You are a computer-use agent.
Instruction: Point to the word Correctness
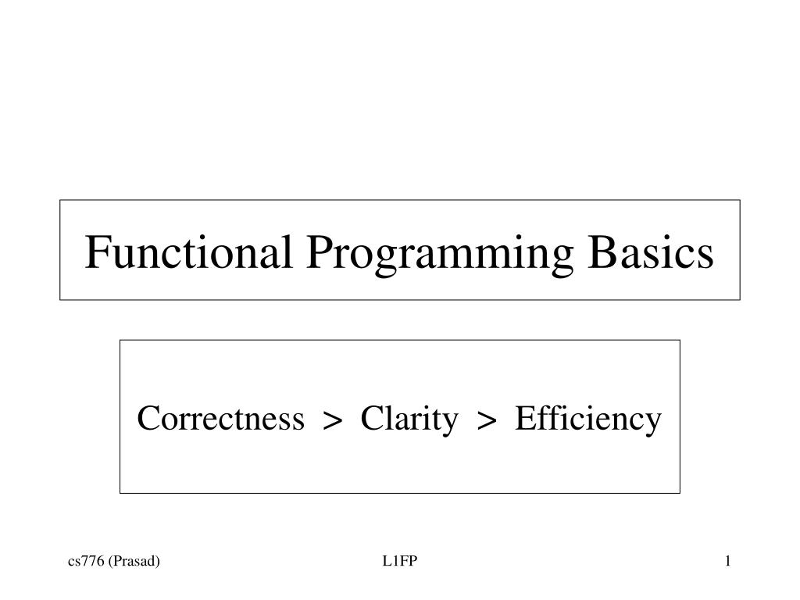coord(220,419)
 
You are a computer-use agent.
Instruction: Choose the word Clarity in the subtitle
coord(409,420)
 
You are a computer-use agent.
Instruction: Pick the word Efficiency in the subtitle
coord(587,420)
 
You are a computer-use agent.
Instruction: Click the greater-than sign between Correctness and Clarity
coord(333,421)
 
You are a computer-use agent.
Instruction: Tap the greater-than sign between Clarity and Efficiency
coord(487,421)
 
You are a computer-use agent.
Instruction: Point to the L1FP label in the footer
coord(400,561)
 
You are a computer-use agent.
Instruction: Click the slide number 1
coord(727,561)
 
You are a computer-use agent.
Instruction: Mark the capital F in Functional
coord(96,252)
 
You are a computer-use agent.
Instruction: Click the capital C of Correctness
coord(147,419)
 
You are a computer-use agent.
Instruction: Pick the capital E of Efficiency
coord(523,419)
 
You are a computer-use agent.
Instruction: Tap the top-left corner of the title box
coord(60,200)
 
